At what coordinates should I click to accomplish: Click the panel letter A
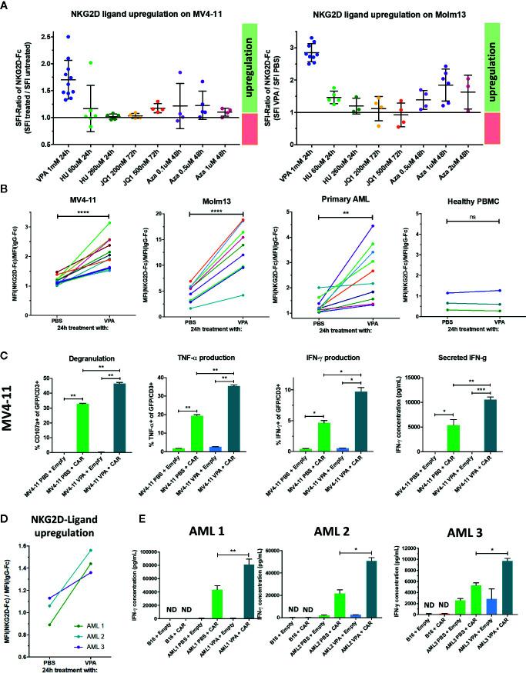[x=7, y=6]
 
